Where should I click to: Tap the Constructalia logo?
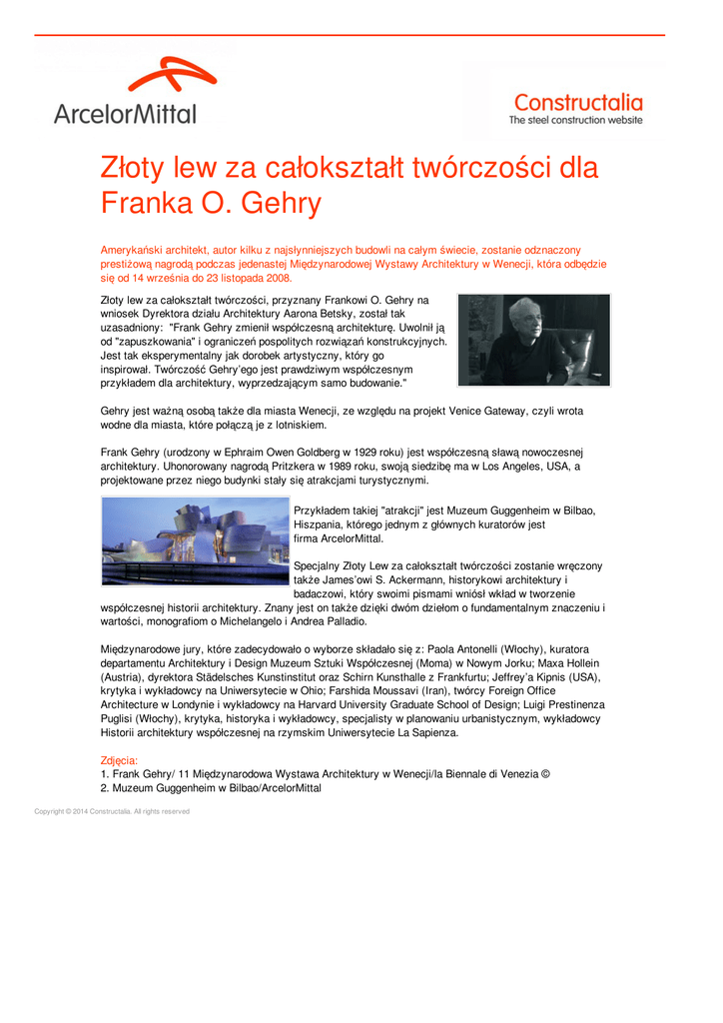(x=577, y=108)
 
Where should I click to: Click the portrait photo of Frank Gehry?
(x=533, y=340)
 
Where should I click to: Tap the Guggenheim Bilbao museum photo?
(x=195, y=540)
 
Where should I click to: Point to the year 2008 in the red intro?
(x=277, y=278)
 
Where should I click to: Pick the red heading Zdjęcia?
(x=119, y=760)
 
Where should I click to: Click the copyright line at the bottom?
(x=112, y=811)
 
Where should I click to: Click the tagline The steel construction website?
(x=576, y=121)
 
